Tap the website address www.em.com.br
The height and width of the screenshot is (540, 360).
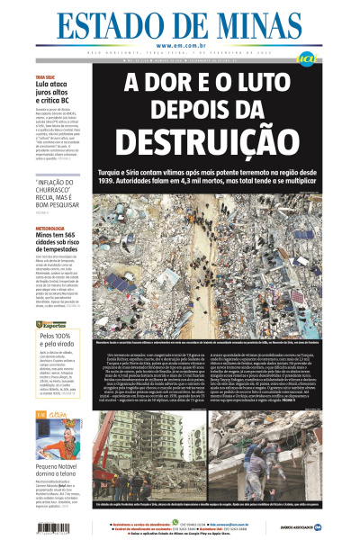tap(180, 46)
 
